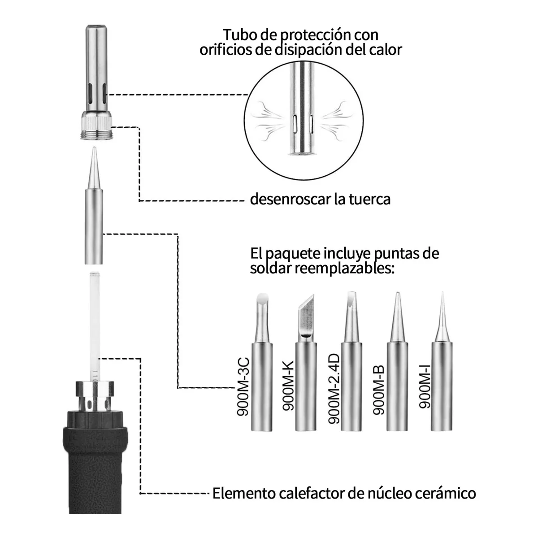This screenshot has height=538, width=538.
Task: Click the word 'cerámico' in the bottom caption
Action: point(446,494)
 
